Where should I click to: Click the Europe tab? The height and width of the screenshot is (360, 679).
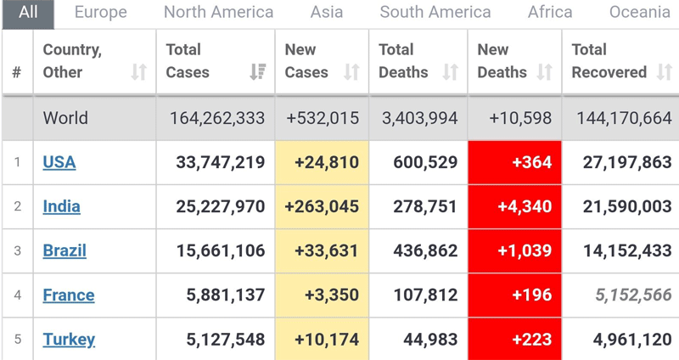100,12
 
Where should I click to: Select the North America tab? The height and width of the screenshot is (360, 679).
218,12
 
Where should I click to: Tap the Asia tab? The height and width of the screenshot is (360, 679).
327,12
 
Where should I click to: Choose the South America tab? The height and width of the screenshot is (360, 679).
435,12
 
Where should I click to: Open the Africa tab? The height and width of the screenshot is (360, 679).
550,12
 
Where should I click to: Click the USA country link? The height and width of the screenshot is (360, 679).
59,162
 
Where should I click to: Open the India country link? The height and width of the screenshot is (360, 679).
62,206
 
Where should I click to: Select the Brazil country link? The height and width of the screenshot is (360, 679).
65,251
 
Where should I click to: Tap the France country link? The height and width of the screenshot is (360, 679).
69,295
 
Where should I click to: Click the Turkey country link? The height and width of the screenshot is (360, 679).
69,340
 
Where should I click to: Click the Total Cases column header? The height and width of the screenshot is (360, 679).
188,61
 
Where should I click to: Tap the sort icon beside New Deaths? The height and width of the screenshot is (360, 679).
547,72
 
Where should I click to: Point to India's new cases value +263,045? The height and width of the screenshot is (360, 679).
323,206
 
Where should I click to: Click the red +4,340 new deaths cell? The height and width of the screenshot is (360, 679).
514,206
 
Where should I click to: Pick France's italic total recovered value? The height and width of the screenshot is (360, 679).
633,295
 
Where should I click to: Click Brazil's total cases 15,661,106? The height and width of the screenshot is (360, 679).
220,251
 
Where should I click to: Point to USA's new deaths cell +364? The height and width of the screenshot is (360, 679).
514,162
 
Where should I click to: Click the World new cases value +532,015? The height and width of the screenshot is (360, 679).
323,118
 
